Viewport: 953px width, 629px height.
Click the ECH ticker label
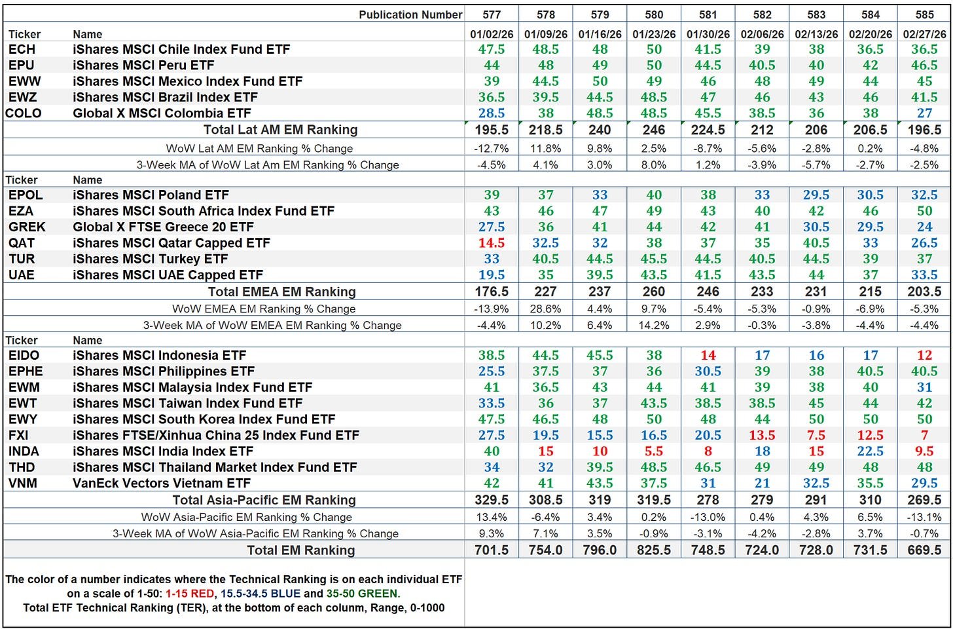point(22,49)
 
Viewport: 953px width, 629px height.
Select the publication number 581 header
point(708,14)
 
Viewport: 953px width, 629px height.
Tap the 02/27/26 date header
point(924,33)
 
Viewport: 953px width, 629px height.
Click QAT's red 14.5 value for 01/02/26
point(491,243)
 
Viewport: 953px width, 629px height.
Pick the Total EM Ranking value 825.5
point(653,550)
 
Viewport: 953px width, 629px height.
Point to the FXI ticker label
point(18,435)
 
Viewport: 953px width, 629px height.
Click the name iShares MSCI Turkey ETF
point(150,259)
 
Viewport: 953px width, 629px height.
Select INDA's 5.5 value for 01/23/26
point(653,451)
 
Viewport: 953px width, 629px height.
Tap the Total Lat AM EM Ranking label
point(280,130)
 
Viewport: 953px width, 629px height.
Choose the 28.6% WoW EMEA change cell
point(545,309)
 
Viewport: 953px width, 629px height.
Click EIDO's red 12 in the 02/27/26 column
point(924,355)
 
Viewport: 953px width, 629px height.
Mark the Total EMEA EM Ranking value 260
point(653,292)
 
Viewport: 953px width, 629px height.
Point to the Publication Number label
point(410,14)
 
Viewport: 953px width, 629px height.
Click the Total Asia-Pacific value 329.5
point(491,500)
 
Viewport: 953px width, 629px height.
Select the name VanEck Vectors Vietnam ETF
point(162,484)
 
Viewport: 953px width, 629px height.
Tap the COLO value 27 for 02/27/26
point(924,113)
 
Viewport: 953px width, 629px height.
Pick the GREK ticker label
point(27,227)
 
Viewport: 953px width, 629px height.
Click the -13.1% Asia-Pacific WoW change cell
point(924,517)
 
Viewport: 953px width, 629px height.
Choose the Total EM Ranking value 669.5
point(924,550)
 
